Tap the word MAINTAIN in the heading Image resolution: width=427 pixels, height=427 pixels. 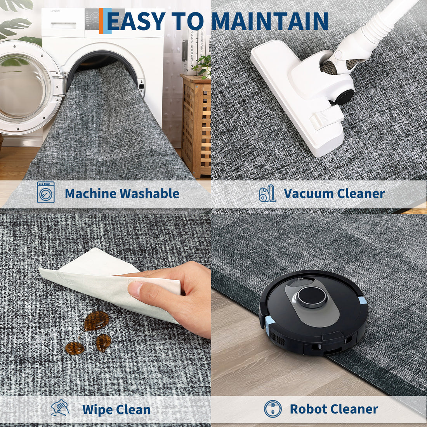[x=270, y=21]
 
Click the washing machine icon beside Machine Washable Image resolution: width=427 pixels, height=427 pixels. [x=46, y=192]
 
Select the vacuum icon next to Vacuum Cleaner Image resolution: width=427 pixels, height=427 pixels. [x=267, y=193]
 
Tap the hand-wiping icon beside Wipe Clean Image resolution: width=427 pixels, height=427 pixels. [x=60, y=407]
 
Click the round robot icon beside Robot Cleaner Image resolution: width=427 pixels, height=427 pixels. [x=273, y=408]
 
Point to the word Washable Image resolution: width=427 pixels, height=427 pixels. [x=149, y=193]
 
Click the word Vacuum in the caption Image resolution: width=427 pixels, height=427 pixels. [x=309, y=193]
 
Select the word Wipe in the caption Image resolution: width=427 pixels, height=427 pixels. [x=98, y=409]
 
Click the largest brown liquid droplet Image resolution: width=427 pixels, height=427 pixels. [x=96, y=321]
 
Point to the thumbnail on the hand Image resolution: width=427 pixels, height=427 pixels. [x=135, y=289]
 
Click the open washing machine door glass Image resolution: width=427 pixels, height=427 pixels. [x=23, y=87]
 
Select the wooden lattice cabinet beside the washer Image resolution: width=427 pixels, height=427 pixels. [x=196, y=125]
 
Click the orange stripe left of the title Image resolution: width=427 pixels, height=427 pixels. [x=101, y=21]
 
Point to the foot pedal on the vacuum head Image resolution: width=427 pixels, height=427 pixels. [x=326, y=118]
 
